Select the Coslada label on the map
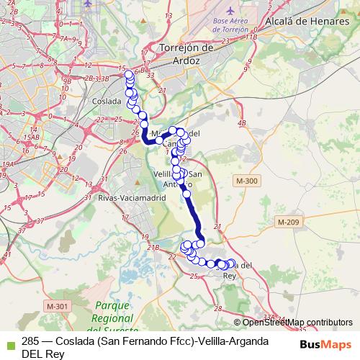click(x=107, y=102)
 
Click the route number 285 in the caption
click(x=30, y=341)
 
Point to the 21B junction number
click(x=153, y=248)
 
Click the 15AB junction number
click(x=30, y=137)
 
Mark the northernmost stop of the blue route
click(x=129, y=74)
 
